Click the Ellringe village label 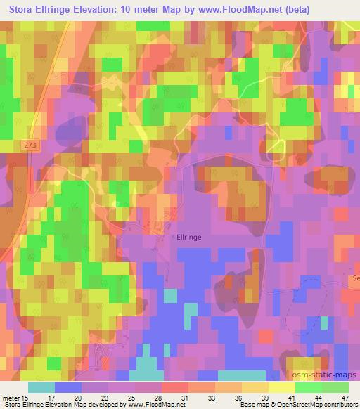pos(189,238)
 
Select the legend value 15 pos(25,398)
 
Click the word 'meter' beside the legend pos(11,398)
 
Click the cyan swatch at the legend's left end pos(41,387)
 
